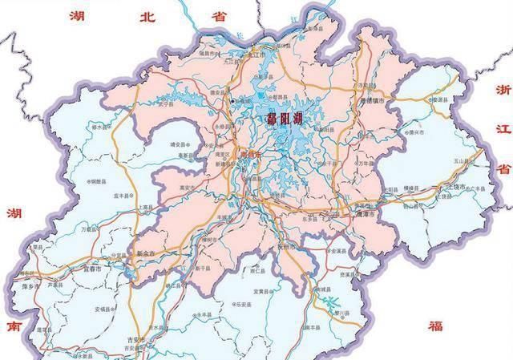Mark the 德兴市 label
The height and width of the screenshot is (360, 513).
tap(414, 129)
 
